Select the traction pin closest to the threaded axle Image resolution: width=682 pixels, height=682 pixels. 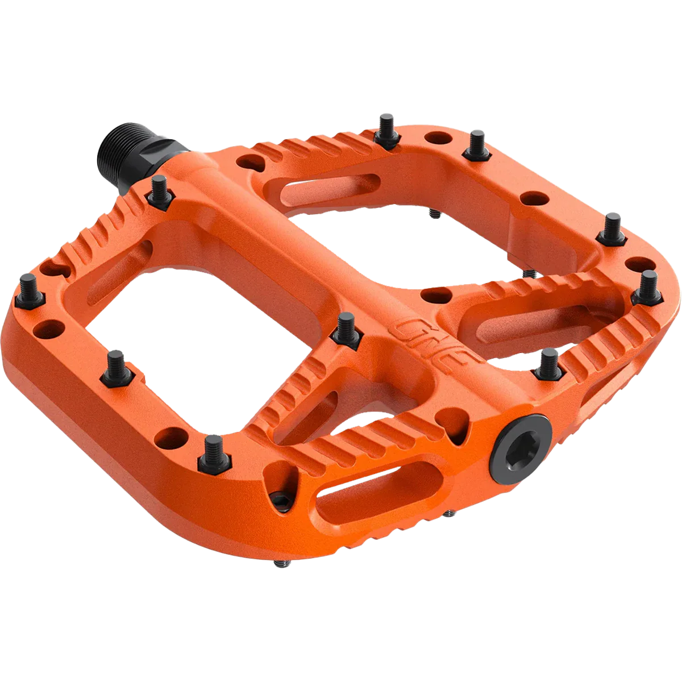coord(159,190)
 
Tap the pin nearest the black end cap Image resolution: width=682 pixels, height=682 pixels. coord(549,364)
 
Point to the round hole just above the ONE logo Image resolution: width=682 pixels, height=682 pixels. coord(436,295)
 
